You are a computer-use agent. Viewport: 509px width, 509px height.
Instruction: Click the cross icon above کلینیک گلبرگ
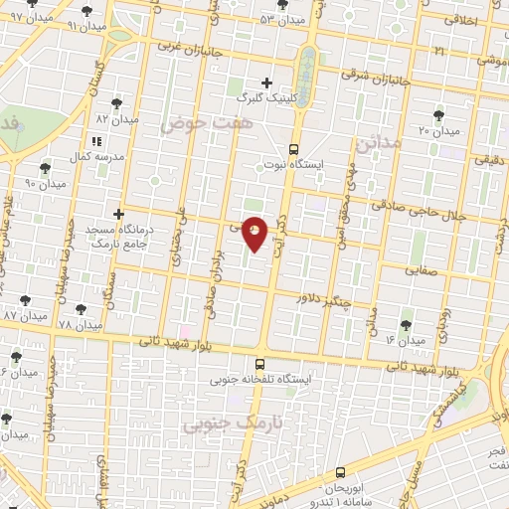[265, 83]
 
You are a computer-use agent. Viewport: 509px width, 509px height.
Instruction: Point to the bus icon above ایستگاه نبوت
[294, 149]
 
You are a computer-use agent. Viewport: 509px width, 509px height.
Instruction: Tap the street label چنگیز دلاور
[324, 297]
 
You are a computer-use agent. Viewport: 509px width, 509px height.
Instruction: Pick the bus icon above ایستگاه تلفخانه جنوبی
[259, 364]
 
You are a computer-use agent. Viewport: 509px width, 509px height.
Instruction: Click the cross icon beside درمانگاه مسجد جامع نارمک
[118, 213]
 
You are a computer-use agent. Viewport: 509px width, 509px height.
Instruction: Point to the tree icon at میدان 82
[118, 102]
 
